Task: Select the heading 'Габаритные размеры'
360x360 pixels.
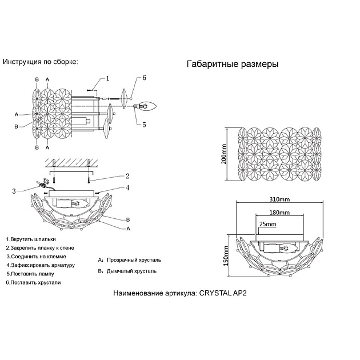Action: pyautogui.click(x=233, y=65)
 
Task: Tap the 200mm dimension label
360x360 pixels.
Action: pyautogui.click(x=225, y=153)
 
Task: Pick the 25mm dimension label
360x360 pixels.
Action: pyautogui.click(x=266, y=224)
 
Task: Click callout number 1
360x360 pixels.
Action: pyautogui.click(x=107, y=78)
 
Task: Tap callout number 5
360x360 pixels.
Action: pyautogui.click(x=145, y=124)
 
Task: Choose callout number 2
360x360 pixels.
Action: pyautogui.click(x=127, y=175)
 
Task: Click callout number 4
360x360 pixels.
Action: pyautogui.click(x=128, y=187)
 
